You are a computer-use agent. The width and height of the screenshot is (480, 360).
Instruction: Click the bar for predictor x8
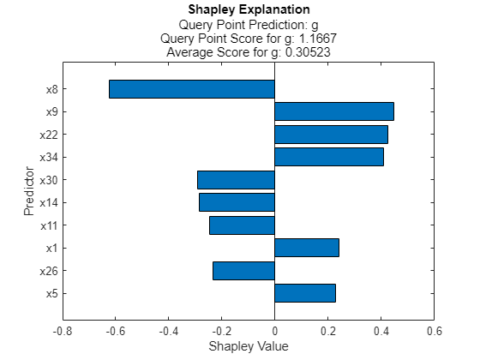[191, 89]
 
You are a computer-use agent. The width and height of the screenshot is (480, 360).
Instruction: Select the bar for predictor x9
[333, 111]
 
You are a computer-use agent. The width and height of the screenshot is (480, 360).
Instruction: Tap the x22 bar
[331, 135]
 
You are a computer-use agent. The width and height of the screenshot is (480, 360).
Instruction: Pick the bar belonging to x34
[329, 157]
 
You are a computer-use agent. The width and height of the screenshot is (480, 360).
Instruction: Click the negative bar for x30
[236, 180]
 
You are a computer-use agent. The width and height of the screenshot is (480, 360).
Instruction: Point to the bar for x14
[237, 202]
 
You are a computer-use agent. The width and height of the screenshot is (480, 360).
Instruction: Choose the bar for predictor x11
[242, 225]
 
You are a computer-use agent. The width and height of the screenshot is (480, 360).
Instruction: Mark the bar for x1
[307, 248]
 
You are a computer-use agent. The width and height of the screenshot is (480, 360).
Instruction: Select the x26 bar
[243, 271]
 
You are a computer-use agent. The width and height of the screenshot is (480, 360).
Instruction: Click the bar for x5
[305, 293]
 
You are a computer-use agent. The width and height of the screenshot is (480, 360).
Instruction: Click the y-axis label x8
[50, 89]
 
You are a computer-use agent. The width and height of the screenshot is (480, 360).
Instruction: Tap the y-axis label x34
[47, 158]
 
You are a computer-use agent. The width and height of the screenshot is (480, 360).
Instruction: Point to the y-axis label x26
[47, 272]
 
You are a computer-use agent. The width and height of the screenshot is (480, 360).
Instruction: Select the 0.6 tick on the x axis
[434, 330]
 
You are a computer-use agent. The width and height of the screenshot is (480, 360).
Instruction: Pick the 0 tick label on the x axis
[274, 330]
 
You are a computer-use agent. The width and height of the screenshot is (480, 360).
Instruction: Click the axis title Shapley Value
[248, 346]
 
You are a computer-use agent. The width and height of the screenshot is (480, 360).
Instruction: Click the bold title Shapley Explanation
[248, 10]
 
